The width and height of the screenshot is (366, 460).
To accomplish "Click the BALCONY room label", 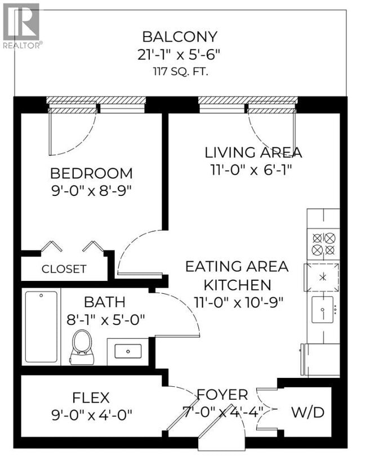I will [x=179, y=37].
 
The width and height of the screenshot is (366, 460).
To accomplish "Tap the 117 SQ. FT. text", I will [x=179, y=72].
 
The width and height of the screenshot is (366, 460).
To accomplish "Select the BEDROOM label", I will [x=91, y=173].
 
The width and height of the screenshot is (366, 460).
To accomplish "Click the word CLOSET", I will [x=64, y=269].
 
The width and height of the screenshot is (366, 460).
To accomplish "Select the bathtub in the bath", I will [x=41, y=327].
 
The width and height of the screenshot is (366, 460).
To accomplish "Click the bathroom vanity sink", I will [x=128, y=351].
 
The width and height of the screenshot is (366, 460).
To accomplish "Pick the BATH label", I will [x=104, y=302].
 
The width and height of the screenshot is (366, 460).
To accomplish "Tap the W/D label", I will [x=307, y=412].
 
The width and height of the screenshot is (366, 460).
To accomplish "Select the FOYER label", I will [x=222, y=394].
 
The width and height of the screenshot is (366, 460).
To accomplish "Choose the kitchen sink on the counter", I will [x=323, y=309].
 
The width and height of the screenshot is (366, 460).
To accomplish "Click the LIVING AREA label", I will [x=253, y=152].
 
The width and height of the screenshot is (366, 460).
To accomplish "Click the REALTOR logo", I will [x=21, y=25].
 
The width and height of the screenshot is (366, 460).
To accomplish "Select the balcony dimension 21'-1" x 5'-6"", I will [x=179, y=55].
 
